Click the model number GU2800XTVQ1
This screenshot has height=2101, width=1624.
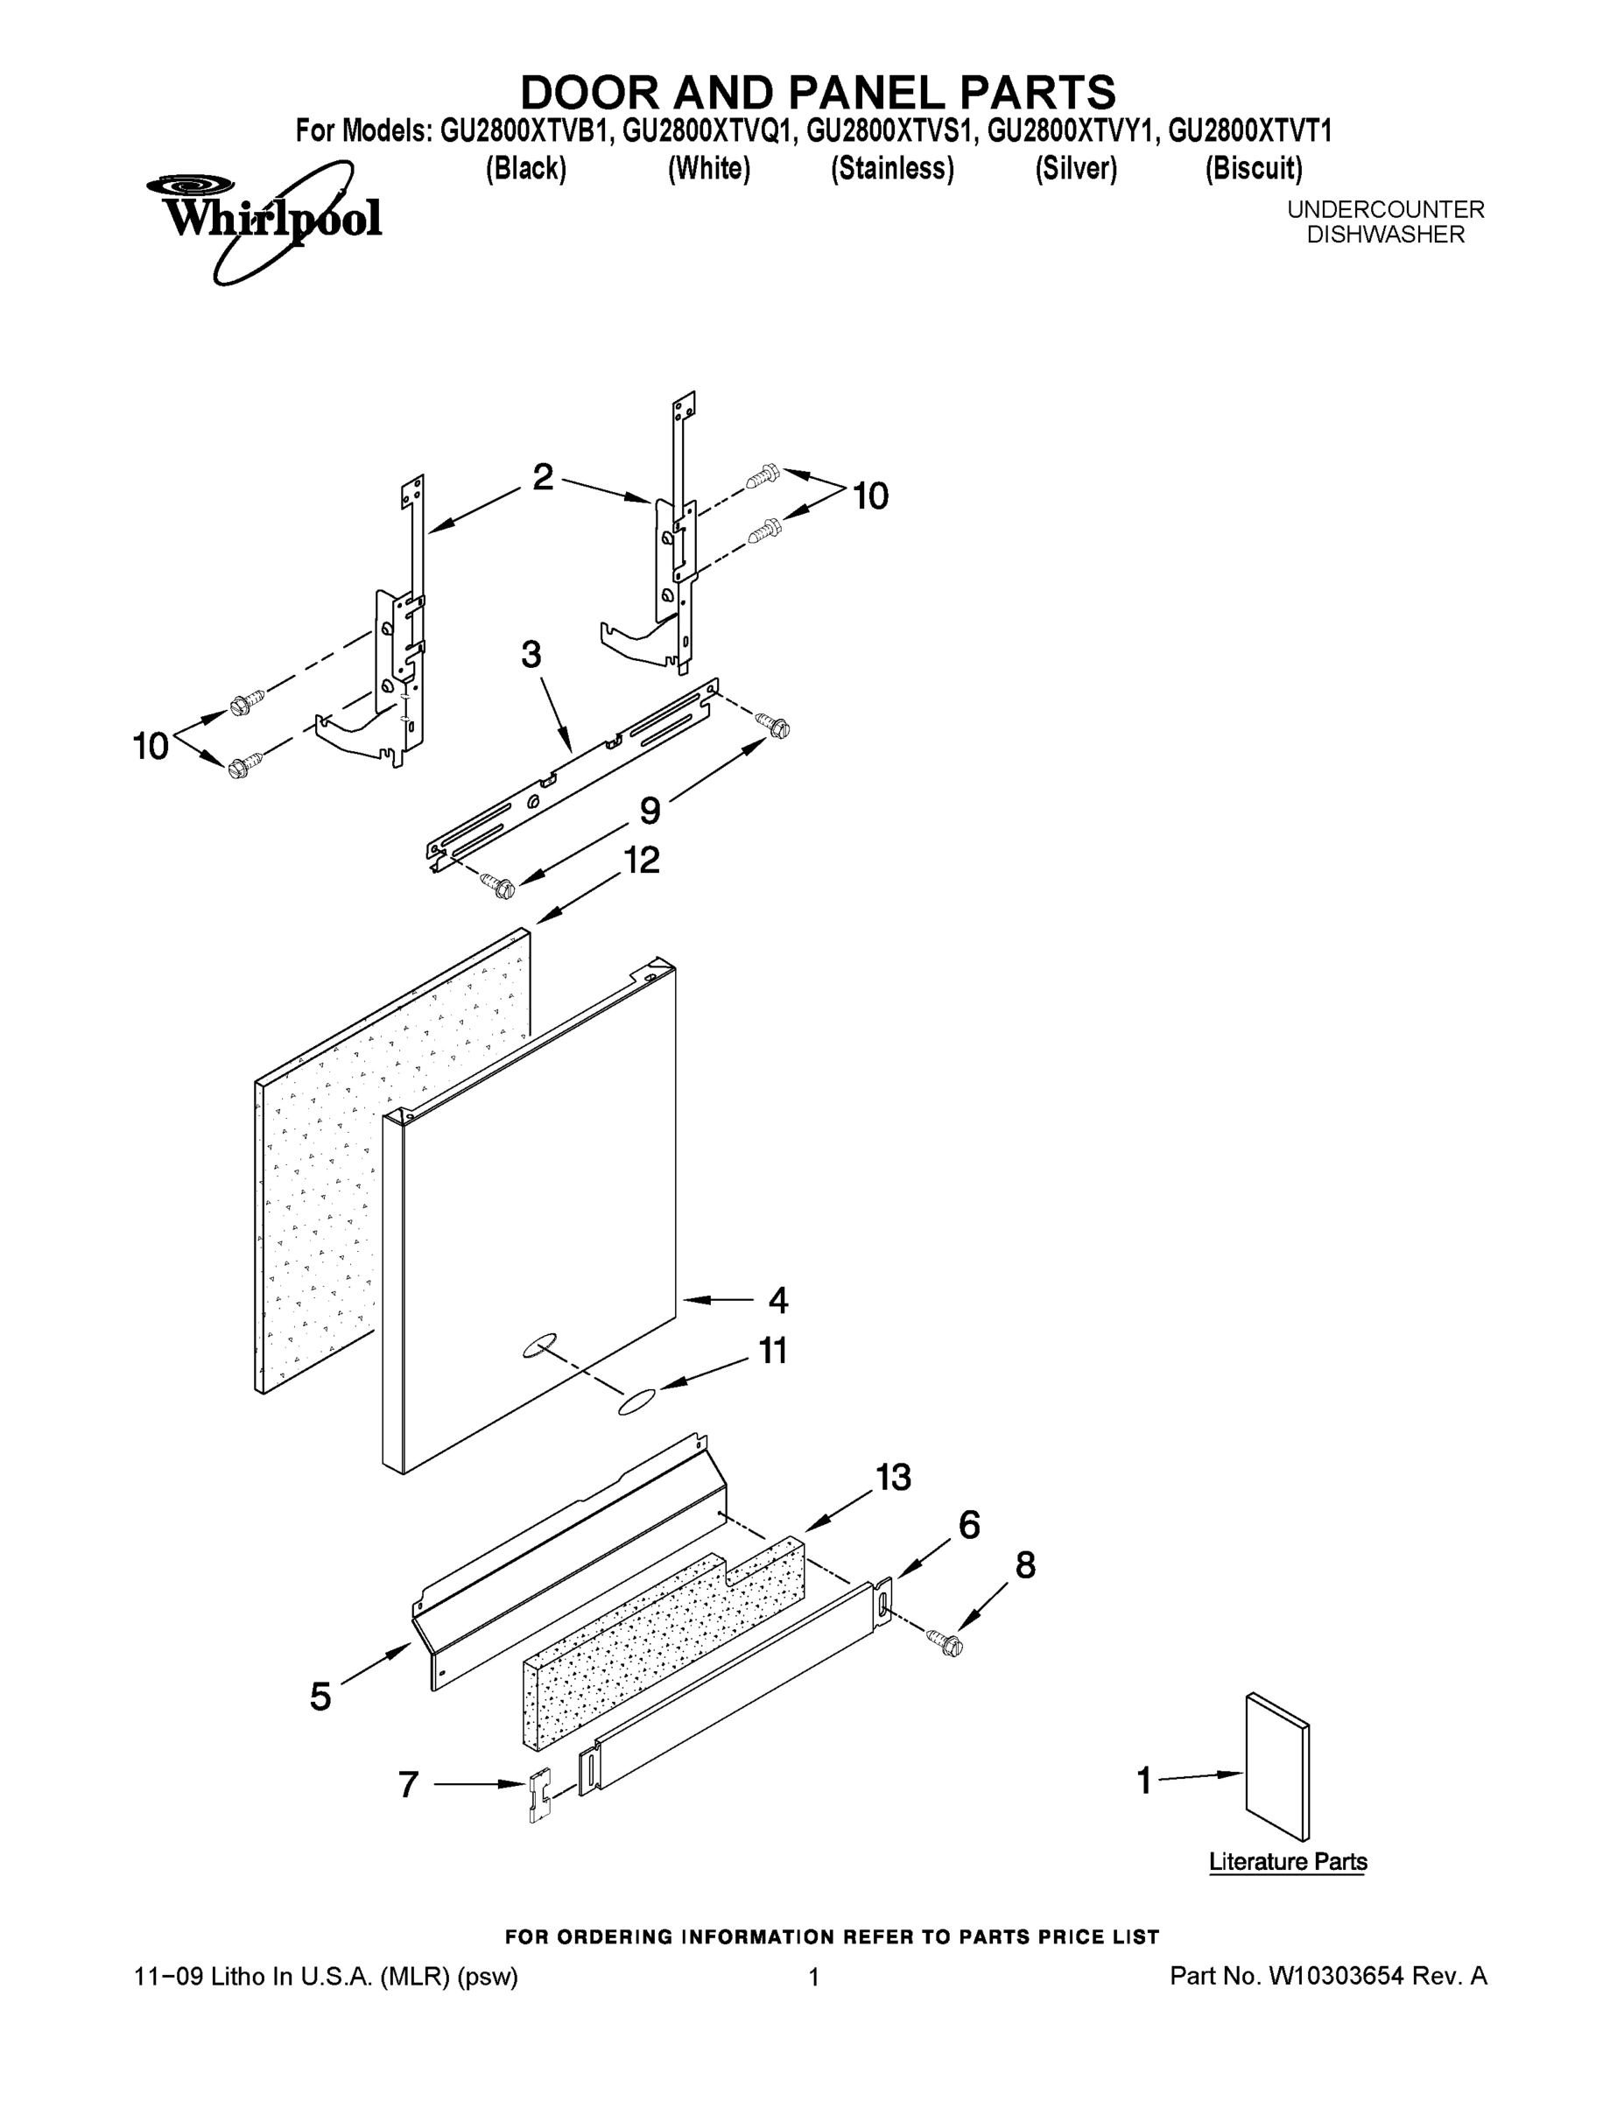(x=708, y=130)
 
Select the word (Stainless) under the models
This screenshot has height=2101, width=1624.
(x=892, y=168)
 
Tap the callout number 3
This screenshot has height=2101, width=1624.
(x=531, y=655)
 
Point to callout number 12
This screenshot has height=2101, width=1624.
(x=642, y=860)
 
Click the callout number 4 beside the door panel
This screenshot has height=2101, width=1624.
(x=777, y=1301)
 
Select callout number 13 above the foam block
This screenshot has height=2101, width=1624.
(x=893, y=1477)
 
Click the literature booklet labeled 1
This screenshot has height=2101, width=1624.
(x=1276, y=1767)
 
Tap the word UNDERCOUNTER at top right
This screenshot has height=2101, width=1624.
(x=1385, y=208)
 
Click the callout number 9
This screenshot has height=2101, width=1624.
(x=650, y=811)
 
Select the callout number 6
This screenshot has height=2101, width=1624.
(x=969, y=1525)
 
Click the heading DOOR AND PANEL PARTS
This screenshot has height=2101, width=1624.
(x=818, y=92)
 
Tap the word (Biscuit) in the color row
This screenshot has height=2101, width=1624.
(x=1254, y=168)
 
